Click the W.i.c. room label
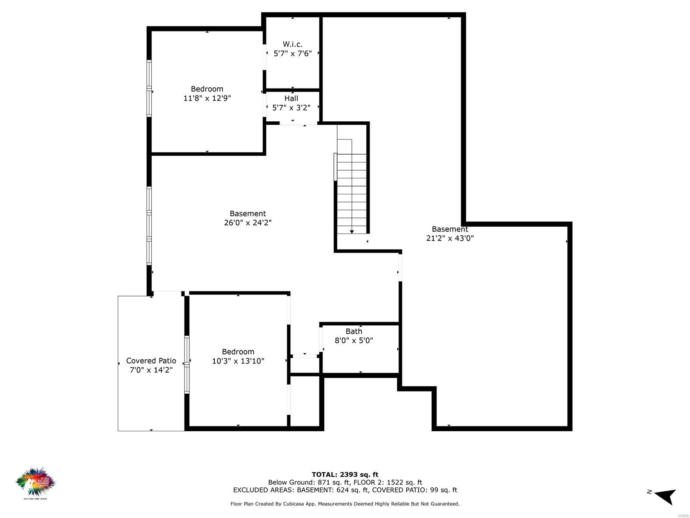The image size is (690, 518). pos(292,44)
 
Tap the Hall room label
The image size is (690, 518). pos(291,98)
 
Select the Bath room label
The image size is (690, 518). pos(354,331)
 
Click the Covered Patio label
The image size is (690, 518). pos(151,361)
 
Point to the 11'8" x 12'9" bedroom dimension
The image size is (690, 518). pos(207,98)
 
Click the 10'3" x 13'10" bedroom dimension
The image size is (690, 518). pos(238,361)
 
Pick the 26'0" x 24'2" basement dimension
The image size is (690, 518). pos(248,223)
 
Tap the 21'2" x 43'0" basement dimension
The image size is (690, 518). pos(450,238)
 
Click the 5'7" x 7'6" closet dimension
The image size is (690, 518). pos(292,54)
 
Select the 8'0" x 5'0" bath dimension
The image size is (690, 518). pos(354,341)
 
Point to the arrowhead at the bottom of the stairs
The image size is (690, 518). pos(352,232)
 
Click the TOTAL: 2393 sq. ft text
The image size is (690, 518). pos(345,475)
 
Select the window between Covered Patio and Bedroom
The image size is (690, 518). pos(187,365)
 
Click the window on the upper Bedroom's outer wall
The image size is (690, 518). pos(149,88)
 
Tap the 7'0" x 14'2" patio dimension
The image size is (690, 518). pos(151,370)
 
